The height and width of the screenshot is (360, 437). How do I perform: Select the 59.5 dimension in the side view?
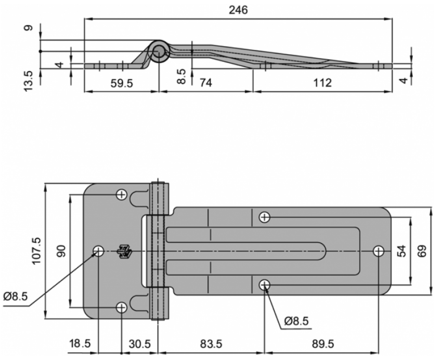[x=122, y=83]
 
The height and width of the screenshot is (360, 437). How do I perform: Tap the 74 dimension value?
[x=206, y=83]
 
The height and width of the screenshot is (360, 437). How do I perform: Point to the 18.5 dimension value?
[x=80, y=344]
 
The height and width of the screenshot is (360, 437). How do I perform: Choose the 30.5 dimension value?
[x=140, y=344]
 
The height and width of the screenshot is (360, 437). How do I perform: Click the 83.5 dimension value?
[x=211, y=344]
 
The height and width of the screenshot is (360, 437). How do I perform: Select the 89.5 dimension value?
[x=323, y=344]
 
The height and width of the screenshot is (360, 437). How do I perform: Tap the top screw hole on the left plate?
[x=122, y=195]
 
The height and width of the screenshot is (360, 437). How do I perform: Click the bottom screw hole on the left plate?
[x=122, y=308]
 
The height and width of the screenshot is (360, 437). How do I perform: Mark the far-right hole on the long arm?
[x=379, y=251]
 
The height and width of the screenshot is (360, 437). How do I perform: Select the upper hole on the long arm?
[x=265, y=217]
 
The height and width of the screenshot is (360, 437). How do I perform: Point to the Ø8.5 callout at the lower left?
[x=16, y=297]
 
